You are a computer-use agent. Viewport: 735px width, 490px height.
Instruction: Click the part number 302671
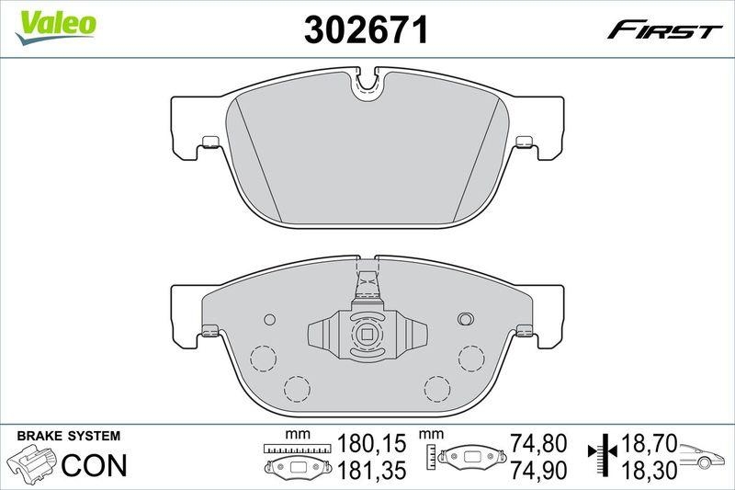(x=367, y=31)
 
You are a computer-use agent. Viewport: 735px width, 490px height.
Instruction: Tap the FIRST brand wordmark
(x=663, y=31)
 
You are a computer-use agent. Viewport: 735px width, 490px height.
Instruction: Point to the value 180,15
(x=371, y=445)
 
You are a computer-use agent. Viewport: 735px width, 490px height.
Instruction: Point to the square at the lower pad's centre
(x=367, y=336)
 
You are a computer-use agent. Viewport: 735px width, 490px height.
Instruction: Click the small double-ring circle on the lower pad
(x=464, y=319)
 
